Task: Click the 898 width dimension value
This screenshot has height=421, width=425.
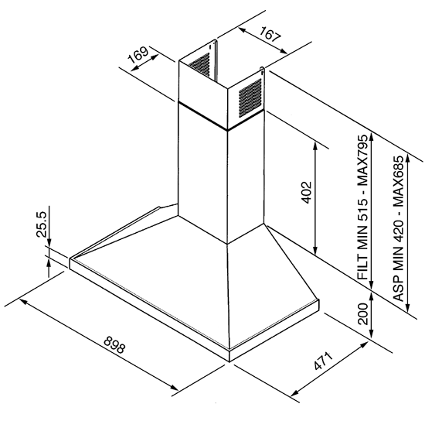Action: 114,344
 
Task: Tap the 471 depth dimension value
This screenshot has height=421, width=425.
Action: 323,361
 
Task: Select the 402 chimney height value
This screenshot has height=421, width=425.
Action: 306,192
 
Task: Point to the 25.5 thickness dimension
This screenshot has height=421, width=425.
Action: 42,224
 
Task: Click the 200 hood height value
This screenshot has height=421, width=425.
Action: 363,313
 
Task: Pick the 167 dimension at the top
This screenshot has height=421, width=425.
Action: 269,34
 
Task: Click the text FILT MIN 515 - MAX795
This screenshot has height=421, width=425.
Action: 363,207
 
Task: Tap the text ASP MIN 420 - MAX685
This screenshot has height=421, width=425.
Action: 399,228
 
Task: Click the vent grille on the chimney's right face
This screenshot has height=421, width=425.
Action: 250,98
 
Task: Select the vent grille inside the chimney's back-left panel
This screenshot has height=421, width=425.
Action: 199,64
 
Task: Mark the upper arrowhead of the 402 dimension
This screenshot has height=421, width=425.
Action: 315,146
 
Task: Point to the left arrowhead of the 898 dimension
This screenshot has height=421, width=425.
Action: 23,302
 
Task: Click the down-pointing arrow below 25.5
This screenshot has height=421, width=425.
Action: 49,242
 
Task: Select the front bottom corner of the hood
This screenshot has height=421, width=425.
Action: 229,361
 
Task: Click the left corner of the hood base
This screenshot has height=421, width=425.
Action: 70,258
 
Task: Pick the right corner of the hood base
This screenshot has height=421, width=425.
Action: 319,299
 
